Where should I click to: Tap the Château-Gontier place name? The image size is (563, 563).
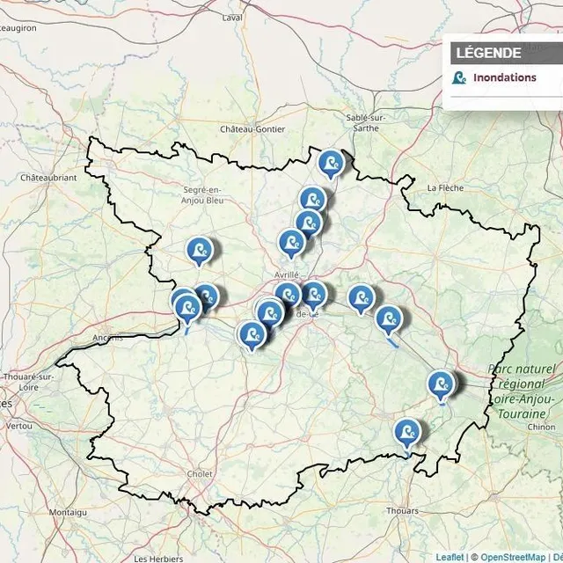pos(253,129)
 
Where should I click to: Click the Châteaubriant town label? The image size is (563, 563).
pos(48,177)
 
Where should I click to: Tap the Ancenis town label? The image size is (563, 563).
pos(109,337)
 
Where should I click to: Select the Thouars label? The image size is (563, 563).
pos(402,509)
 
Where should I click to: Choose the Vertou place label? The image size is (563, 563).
pos(18,425)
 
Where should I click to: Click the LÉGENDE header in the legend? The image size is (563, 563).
pos(488,53)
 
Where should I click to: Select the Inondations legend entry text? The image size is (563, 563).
pos(504,77)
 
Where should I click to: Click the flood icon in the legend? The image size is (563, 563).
pos(458,77)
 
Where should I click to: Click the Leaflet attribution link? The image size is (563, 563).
pos(450,557)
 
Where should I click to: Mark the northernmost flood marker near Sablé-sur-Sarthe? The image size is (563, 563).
pos(330,164)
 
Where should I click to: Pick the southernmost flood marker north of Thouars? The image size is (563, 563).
pos(406,433)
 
